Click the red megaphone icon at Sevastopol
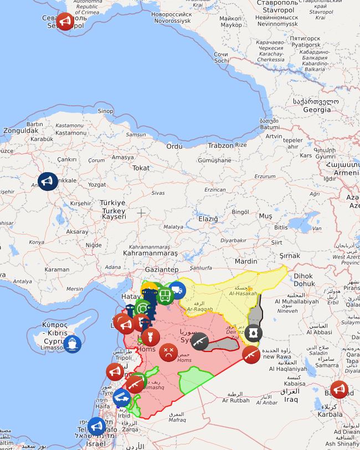[65, 22]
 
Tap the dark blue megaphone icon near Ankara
[48, 182]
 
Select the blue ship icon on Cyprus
[73, 344]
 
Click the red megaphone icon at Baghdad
[339, 390]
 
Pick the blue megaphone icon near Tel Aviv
[96, 426]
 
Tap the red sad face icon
[168, 352]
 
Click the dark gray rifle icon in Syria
[199, 342]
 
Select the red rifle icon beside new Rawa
[251, 354]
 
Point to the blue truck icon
[177, 289]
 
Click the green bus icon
[165, 295]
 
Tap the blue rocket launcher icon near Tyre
[122, 397]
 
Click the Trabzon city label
[220, 146]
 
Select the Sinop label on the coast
[105, 111]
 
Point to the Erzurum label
[264, 177]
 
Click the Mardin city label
[246, 261]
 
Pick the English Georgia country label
[317, 110]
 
